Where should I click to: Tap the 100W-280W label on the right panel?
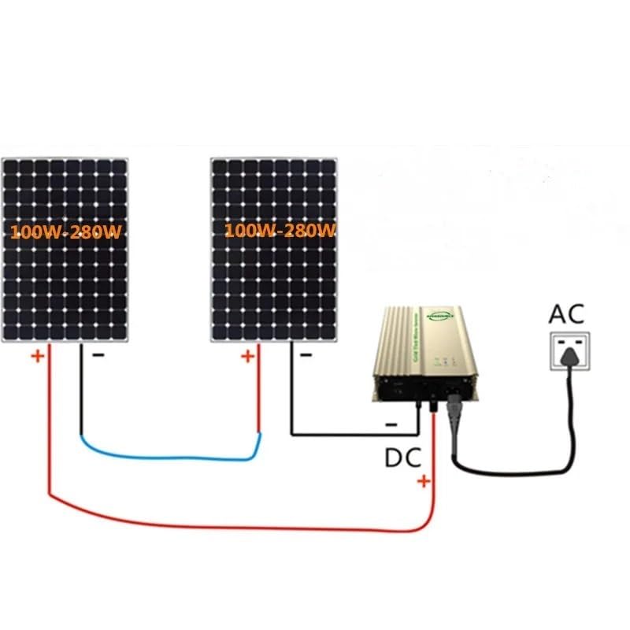280,231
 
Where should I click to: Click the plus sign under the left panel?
37,356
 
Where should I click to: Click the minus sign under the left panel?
98,355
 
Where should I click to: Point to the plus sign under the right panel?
247,356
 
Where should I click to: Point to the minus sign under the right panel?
306,355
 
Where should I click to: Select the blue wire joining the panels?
169,456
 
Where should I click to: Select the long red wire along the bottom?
236,526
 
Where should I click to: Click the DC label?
402,457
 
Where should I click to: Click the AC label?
567,314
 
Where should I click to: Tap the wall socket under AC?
566,350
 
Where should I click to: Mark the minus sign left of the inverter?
391,425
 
